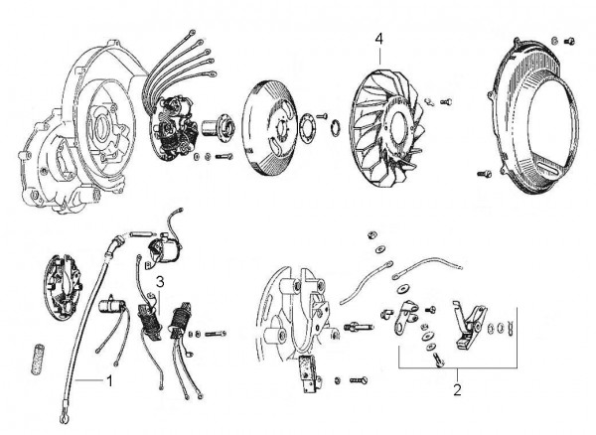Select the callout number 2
pos(457,390)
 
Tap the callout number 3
pos(159,283)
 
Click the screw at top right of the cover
pos(570,41)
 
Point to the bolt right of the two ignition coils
pos(217,332)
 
